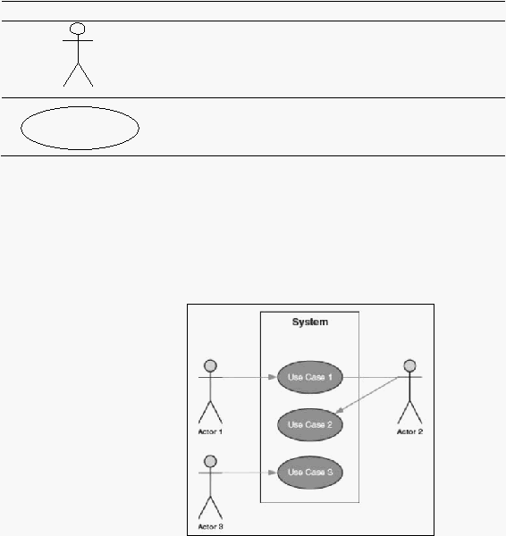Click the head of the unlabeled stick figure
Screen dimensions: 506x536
click(77, 29)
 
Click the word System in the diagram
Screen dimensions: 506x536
click(310, 322)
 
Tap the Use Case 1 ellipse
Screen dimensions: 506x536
click(309, 377)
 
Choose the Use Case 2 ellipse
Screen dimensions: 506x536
click(309, 425)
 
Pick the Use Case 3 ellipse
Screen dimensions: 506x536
click(309, 473)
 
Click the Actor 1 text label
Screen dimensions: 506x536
click(210, 431)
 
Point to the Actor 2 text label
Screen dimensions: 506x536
click(409, 431)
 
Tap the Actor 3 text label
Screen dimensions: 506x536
click(210, 527)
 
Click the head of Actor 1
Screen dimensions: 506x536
click(210, 365)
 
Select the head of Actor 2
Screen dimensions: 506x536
click(409, 365)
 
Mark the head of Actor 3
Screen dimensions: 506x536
click(210, 461)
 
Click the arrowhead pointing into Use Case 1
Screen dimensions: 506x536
click(273, 377)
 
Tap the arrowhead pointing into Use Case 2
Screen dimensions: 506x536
click(339, 410)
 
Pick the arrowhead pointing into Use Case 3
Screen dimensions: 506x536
click(273, 473)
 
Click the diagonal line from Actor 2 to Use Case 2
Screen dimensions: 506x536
click(367, 395)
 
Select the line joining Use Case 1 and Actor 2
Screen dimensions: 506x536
click(370, 377)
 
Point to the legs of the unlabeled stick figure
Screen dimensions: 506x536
click(78, 75)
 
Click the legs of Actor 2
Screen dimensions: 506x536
click(409, 412)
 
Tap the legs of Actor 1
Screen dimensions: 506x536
click(210, 412)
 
